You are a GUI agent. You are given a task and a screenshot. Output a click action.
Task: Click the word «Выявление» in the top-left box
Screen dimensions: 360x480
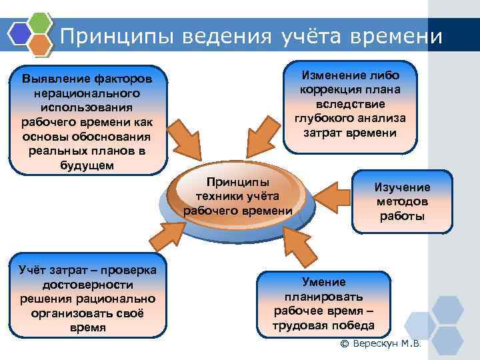[x=54, y=79]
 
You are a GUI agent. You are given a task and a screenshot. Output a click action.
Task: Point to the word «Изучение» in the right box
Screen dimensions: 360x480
[x=402, y=187]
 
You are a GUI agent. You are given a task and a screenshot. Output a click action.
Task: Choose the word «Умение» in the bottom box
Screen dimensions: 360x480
[x=324, y=281]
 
